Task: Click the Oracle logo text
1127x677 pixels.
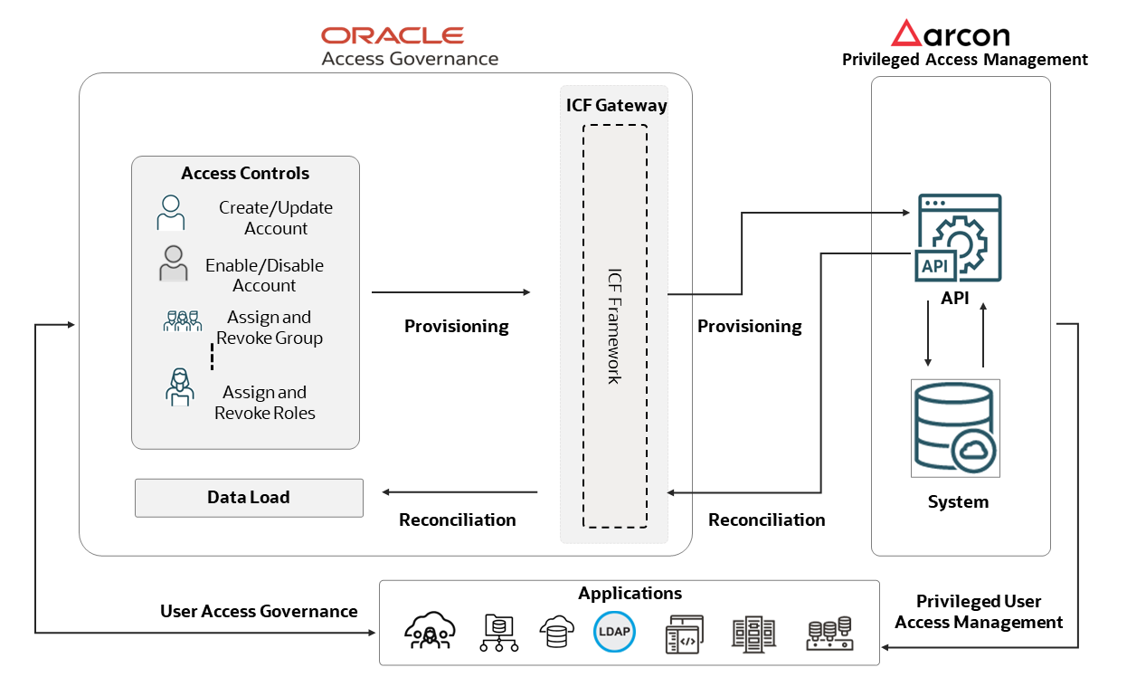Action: (393, 35)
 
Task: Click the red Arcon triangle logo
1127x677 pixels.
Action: (905, 33)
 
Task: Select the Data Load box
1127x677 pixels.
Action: (249, 498)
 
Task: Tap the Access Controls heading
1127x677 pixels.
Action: (245, 173)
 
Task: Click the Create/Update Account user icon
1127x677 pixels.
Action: (170, 213)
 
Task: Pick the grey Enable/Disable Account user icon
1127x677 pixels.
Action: (173, 264)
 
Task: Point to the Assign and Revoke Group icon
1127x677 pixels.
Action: (182, 321)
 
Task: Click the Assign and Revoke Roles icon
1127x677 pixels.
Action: (180, 386)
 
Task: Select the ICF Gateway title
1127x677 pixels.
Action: (616, 105)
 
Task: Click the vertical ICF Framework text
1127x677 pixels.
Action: (614, 326)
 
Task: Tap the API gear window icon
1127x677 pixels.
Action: (956, 238)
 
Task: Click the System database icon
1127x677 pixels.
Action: (955, 428)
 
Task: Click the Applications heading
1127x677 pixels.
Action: (630, 594)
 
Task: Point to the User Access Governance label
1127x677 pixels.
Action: (259, 611)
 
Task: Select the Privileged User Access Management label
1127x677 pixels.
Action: (979, 612)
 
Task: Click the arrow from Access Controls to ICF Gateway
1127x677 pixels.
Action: (450, 292)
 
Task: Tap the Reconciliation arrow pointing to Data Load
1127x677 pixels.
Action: (459, 492)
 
